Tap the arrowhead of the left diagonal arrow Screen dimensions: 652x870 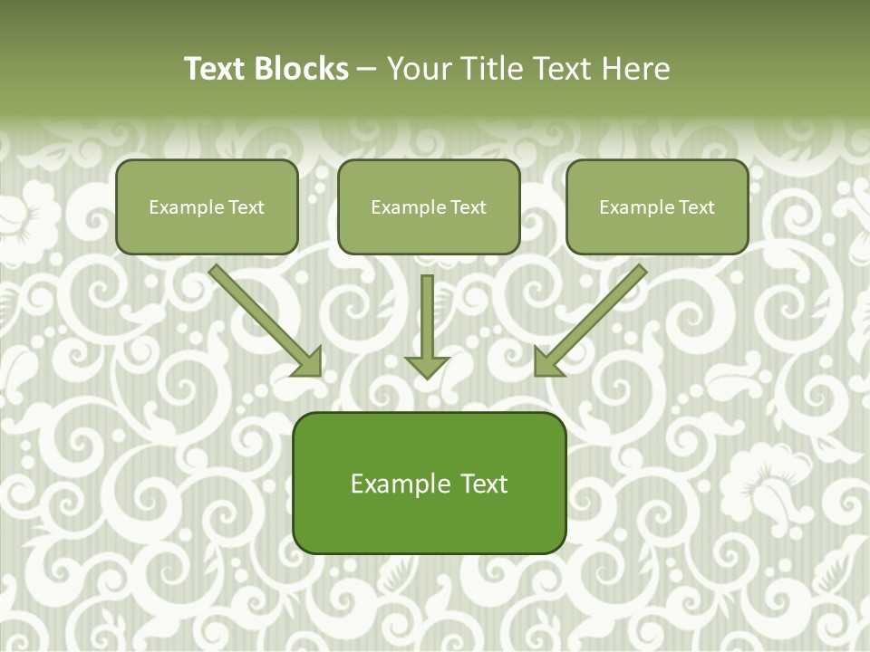point(308,362)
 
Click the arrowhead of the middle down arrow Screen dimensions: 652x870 point(427,366)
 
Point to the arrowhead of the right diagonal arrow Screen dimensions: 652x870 point(547,362)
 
